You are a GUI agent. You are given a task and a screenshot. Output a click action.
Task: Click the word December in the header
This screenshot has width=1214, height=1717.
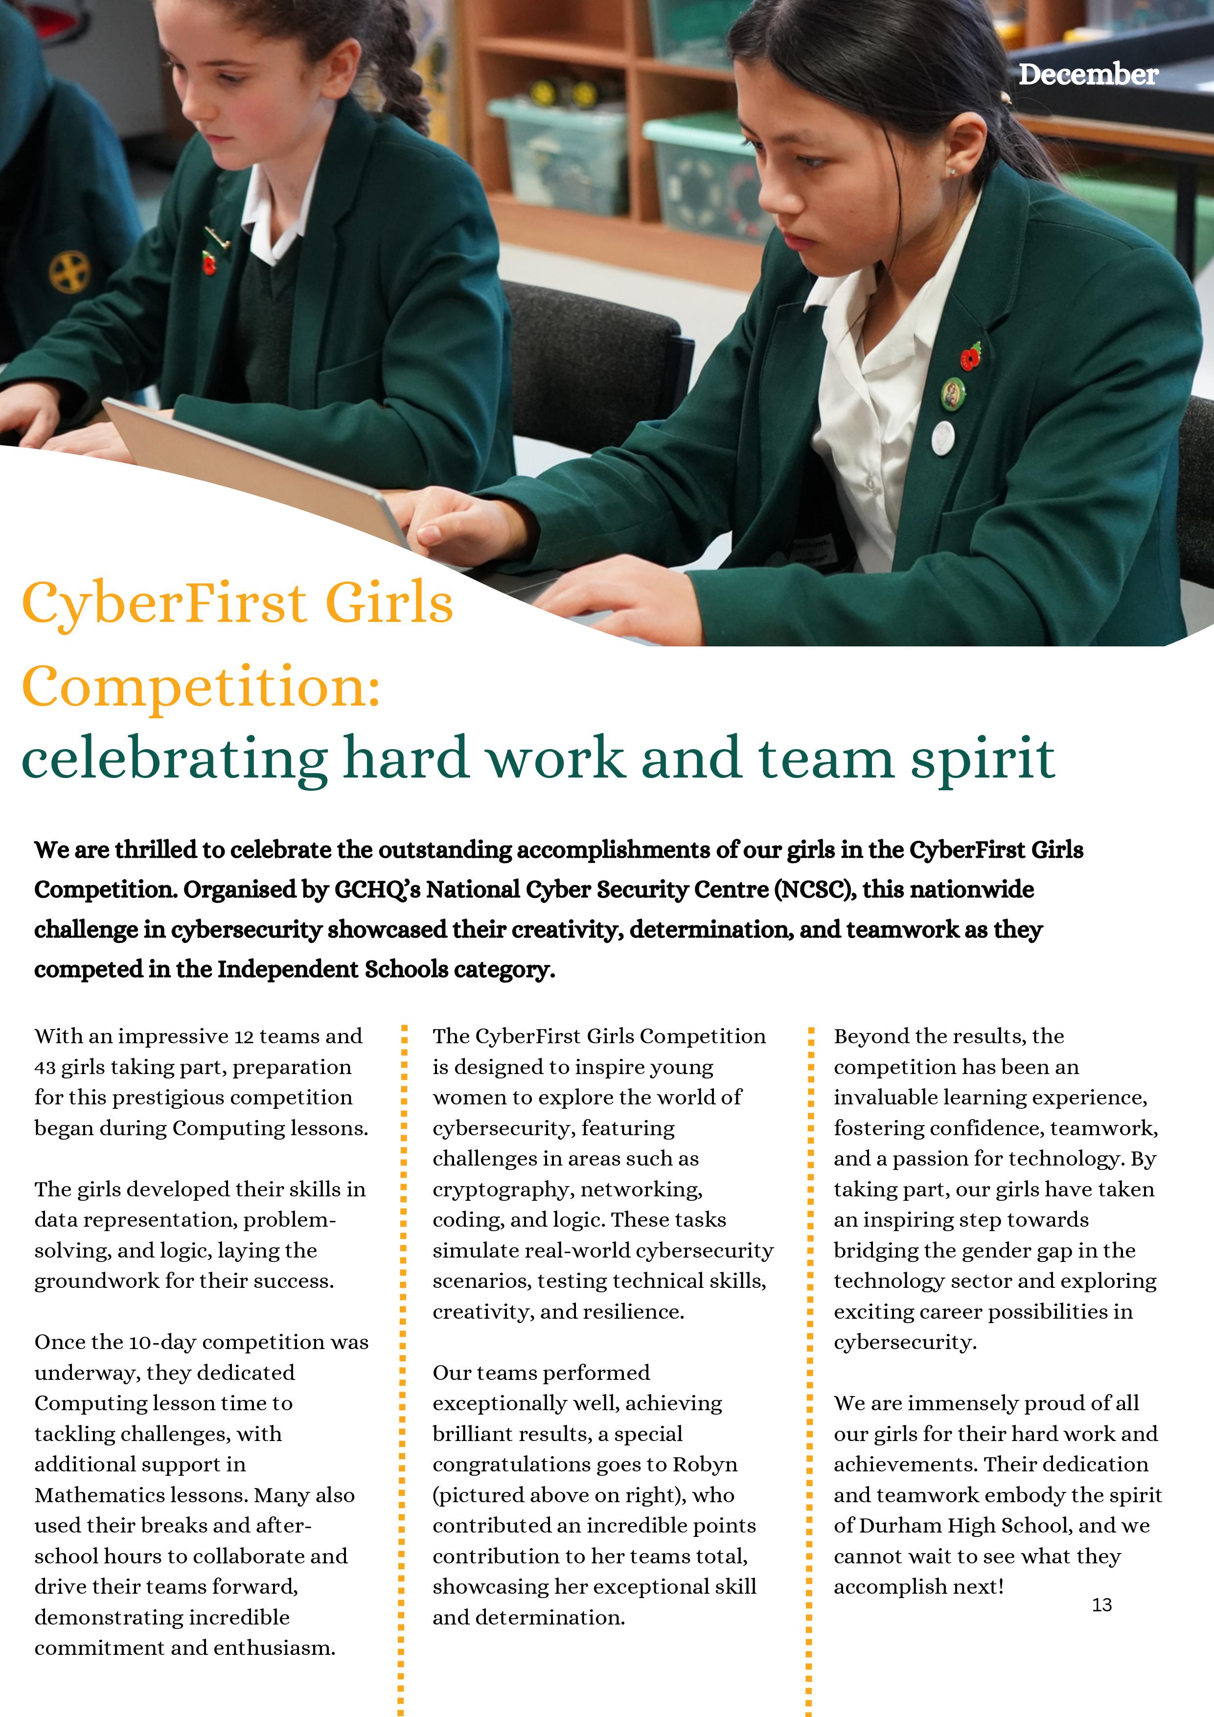(1088, 75)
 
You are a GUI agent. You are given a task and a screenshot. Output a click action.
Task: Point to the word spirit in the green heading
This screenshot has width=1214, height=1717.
(982, 759)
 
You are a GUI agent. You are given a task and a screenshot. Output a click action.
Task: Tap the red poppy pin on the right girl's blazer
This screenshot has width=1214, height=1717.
(970, 358)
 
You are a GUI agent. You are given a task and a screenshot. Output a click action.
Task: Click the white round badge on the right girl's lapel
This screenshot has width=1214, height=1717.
(942, 437)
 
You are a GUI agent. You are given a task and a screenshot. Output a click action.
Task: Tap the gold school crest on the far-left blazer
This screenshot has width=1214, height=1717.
(69, 272)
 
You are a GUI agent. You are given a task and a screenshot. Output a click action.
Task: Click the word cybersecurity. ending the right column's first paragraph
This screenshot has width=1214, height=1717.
(905, 1342)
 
